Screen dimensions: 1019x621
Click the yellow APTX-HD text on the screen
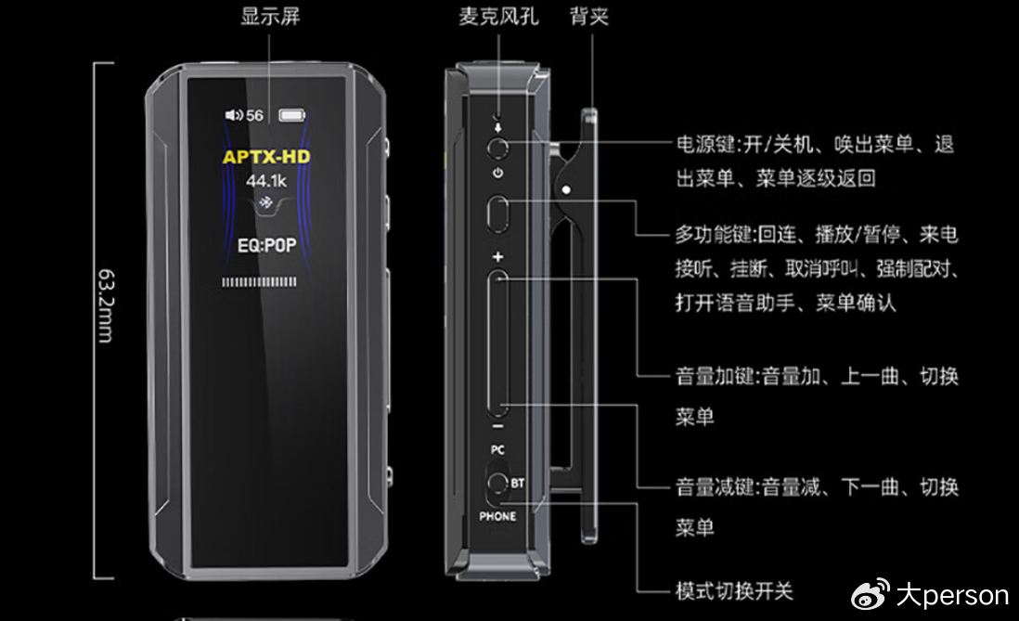click(266, 157)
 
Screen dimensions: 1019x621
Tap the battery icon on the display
click(291, 115)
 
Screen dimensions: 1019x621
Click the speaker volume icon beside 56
click(233, 115)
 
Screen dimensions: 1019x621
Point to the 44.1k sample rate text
click(265, 181)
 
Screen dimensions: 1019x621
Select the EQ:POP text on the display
click(266, 245)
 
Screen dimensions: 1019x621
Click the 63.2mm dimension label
click(105, 305)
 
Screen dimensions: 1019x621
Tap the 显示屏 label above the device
click(270, 17)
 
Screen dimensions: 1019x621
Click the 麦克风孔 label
click(498, 17)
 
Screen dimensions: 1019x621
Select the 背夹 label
click(588, 17)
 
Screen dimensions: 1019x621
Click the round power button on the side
click(497, 149)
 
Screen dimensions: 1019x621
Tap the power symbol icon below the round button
click(497, 173)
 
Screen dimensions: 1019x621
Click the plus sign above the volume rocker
click(497, 257)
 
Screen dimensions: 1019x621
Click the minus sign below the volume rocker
click(497, 427)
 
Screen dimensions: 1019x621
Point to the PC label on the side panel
click(497, 450)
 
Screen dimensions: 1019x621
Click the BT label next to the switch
click(517, 483)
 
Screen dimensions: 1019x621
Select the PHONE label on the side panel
click(497, 516)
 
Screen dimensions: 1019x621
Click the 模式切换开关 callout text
click(734, 591)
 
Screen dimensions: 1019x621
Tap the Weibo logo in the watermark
click(871, 594)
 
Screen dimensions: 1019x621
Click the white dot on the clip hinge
click(567, 190)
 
